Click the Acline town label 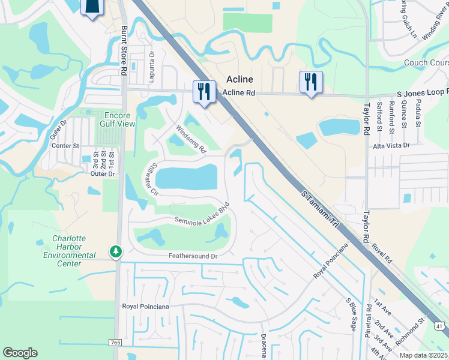pyautogui.click(x=240, y=79)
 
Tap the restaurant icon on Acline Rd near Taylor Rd pyautogui.click(x=311, y=82)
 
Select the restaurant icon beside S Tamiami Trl pyautogui.click(x=204, y=91)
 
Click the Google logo pyautogui.click(x=20, y=353)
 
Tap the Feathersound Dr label pyautogui.click(x=191, y=256)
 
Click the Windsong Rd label pyautogui.click(x=191, y=137)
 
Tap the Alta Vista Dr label pyautogui.click(x=391, y=145)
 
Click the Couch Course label pyautogui.click(x=426, y=62)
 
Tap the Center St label pyautogui.click(x=65, y=145)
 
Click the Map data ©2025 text pyautogui.click(x=422, y=355)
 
